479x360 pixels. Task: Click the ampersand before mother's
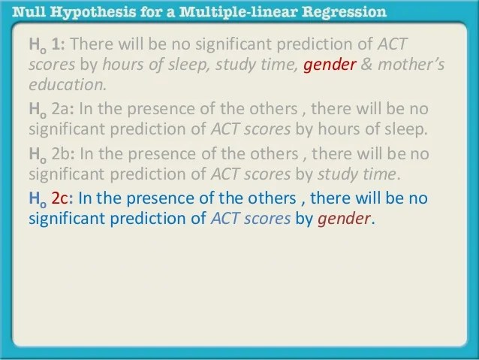tap(367, 64)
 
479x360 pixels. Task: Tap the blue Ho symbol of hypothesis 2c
tap(36, 199)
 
